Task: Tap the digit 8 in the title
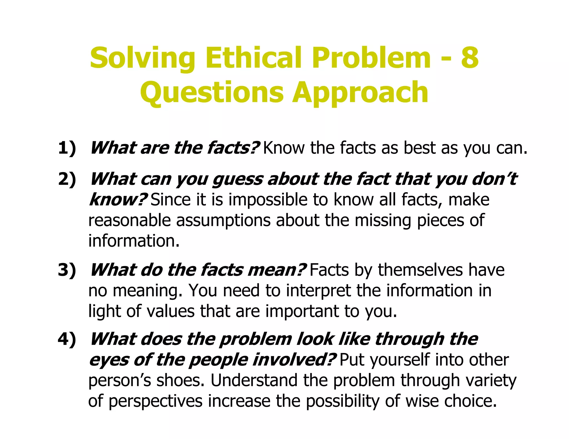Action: click(x=470, y=58)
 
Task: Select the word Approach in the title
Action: click(x=360, y=92)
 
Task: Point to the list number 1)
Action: click(x=67, y=148)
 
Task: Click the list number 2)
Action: click(x=67, y=179)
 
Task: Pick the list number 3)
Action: click(x=67, y=270)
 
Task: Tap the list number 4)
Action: click(x=67, y=339)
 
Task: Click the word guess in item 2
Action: click(x=237, y=180)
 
